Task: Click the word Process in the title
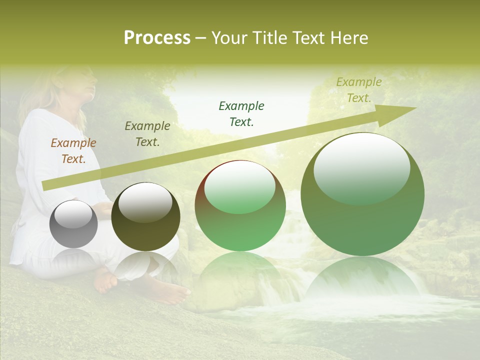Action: pos(157,38)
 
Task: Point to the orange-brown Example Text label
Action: pos(73,151)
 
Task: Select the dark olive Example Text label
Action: pos(147,134)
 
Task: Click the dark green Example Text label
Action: pos(241,114)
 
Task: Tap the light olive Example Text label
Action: pos(359,90)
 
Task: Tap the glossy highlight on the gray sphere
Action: pos(73,214)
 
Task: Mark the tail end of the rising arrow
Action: pos(46,185)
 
